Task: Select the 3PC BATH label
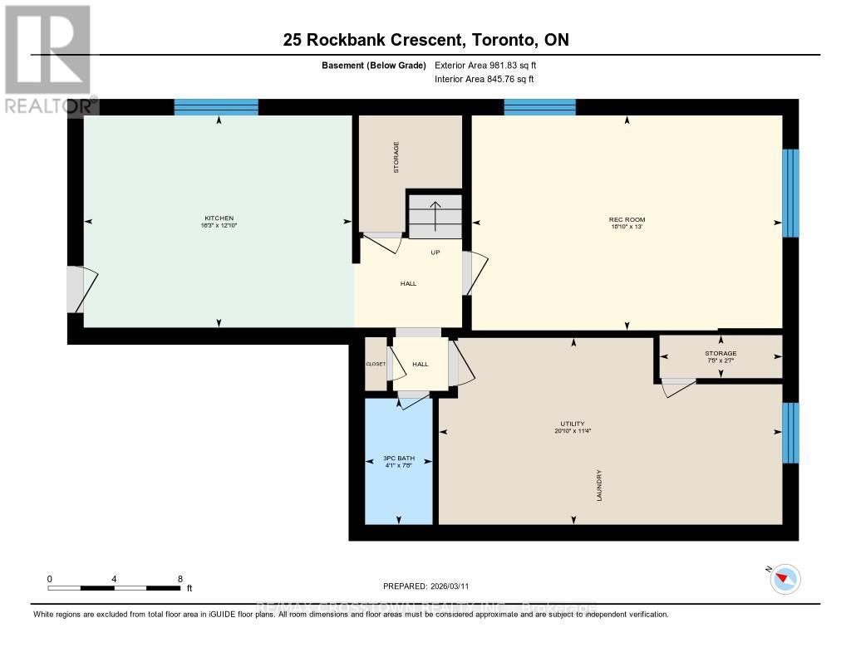point(398,458)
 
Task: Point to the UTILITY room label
point(573,424)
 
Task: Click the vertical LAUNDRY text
point(598,485)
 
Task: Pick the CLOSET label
point(376,364)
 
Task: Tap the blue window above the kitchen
point(216,107)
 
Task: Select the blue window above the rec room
point(539,107)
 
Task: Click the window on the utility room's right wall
point(790,433)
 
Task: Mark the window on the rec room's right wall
point(790,193)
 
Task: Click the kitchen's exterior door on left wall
point(76,289)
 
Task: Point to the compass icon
point(785,579)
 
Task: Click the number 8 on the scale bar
point(180,578)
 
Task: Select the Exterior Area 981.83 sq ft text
point(491,65)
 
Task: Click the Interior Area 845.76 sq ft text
point(485,80)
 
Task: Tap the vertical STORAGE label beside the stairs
point(396,156)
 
